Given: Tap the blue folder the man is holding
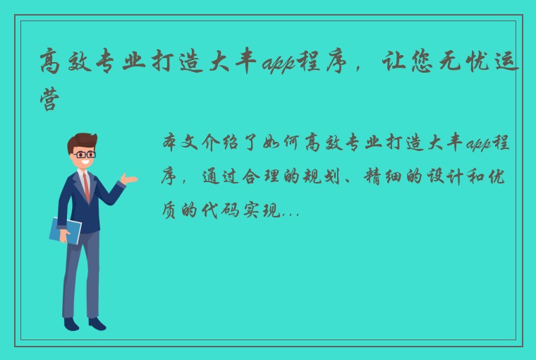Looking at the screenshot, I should [65, 230].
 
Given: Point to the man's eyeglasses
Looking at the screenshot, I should [85, 154].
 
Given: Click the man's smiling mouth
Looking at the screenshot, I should [86, 164].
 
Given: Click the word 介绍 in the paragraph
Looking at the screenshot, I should [225, 145].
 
